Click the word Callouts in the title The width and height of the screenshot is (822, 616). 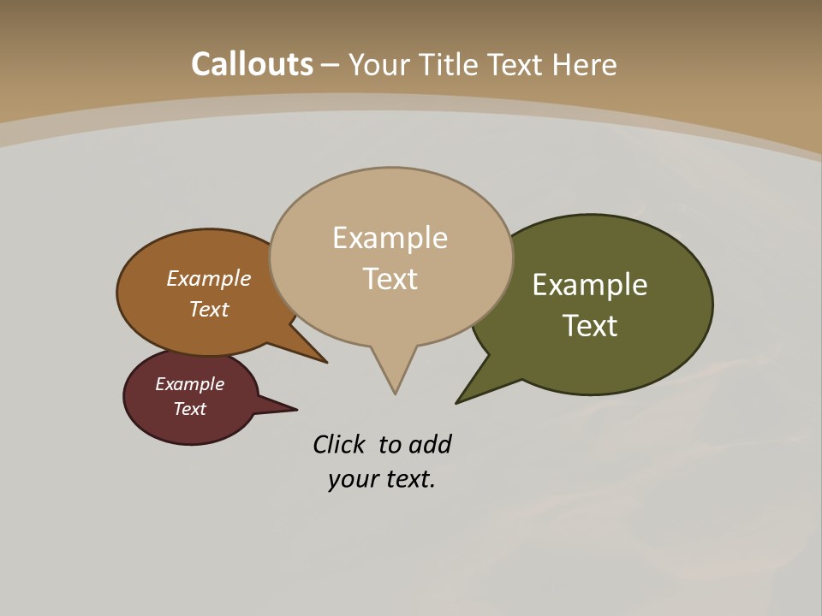coord(252,64)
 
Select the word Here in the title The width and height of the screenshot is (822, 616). coord(585,64)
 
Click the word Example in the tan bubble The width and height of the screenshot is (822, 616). coord(390,238)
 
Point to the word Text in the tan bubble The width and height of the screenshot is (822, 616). coord(390,279)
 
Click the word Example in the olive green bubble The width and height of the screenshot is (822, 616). coord(590,285)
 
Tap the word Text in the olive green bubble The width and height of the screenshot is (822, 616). coord(590,326)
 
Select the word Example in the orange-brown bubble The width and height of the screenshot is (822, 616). coord(209,279)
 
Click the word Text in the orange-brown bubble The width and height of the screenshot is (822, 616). coord(209,309)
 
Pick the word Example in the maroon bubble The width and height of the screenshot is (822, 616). coord(190,384)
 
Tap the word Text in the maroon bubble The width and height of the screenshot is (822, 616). coord(190,409)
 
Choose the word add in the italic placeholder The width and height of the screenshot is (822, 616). coord(430,444)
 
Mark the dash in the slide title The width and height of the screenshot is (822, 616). coord(331,65)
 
